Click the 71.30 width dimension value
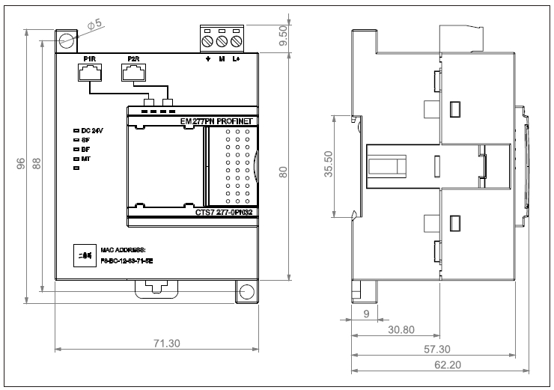click(166, 343)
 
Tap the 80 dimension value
click(282, 171)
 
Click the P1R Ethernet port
click(88, 72)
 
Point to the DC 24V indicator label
click(91, 130)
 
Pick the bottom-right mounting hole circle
click(245, 291)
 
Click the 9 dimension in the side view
click(365, 314)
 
